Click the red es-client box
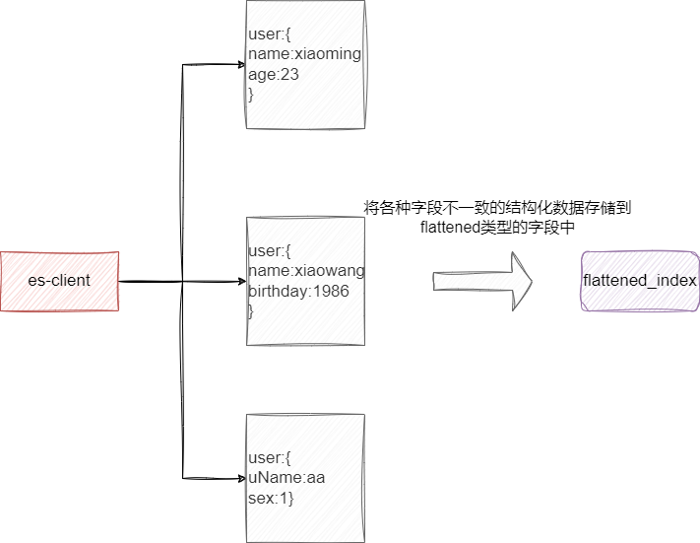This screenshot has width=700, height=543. [59, 281]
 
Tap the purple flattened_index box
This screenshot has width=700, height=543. [639, 281]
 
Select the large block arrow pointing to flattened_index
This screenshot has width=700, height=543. [482, 281]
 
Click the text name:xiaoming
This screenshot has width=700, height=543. [305, 55]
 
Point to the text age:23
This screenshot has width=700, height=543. [274, 75]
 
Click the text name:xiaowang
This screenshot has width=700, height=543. [306, 271]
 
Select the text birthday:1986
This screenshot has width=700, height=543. [298, 291]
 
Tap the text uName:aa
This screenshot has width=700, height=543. [286, 478]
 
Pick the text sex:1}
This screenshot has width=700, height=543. [272, 498]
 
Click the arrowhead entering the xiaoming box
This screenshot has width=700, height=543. [239, 65]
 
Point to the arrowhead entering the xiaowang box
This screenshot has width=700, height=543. [239, 281]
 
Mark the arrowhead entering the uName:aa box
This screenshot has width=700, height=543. [239, 478]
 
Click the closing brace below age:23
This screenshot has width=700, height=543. [252, 95]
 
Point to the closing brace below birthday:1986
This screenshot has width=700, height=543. [251, 310]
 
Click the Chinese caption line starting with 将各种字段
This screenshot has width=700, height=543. [497, 208]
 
